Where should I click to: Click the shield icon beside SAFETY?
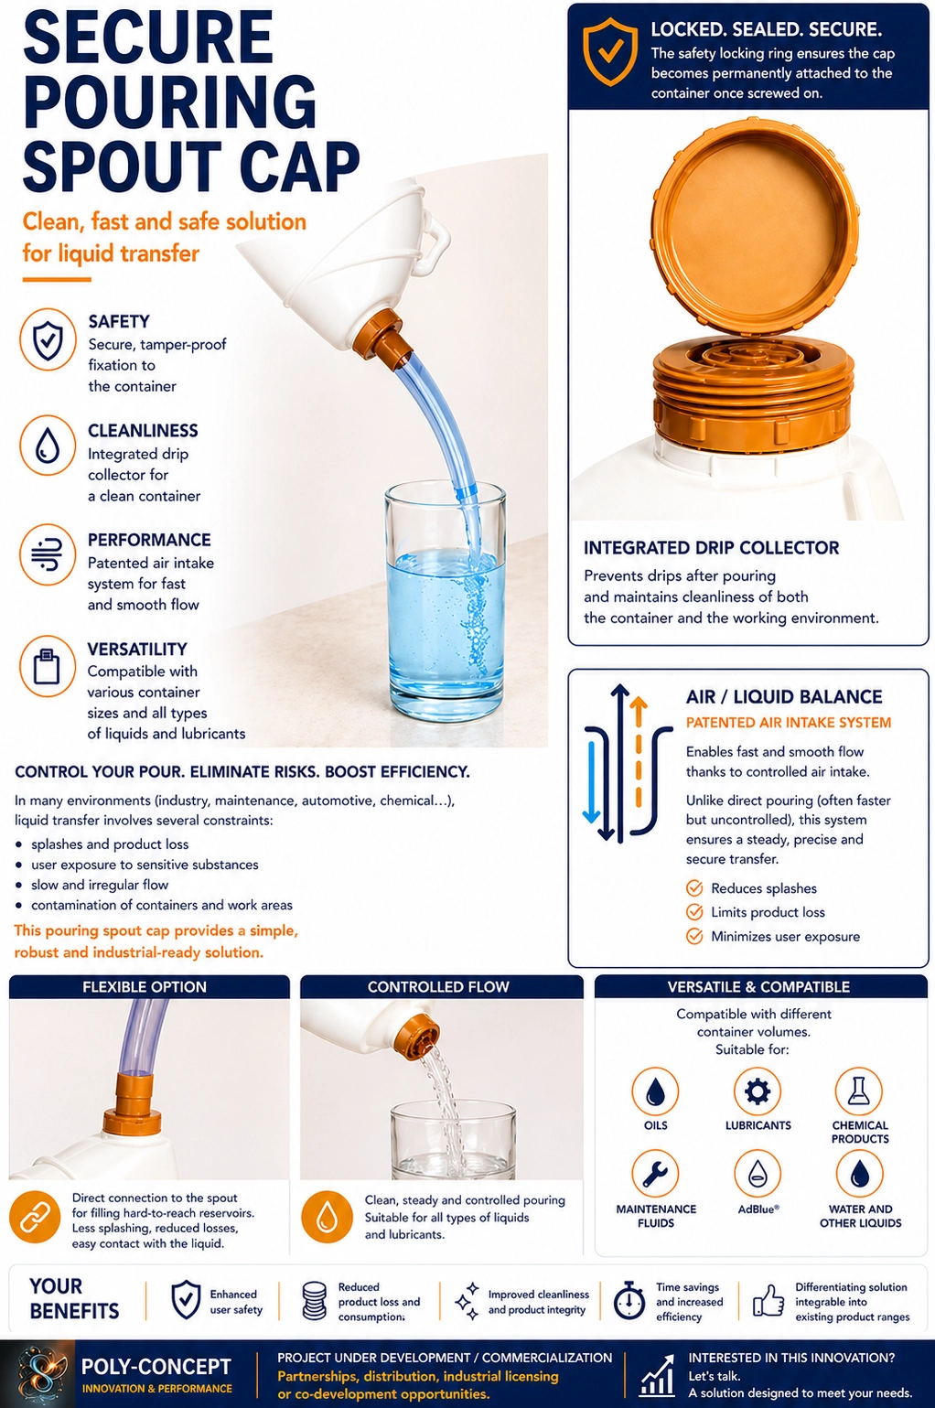click(48, 339)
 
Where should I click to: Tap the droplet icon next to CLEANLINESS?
click(48, 446)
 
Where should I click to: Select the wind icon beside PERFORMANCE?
click(48, 555)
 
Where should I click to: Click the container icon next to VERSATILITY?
click(48, 666)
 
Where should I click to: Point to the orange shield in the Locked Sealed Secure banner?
click(609, 52)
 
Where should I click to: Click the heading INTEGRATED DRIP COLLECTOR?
click(711, 548)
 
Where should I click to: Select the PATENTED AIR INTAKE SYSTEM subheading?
click(788, 722)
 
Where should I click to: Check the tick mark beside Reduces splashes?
click(694, 888)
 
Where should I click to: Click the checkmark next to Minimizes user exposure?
click(694, 936)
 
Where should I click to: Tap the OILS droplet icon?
click(655, 1091)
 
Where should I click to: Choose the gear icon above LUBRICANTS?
click(758, 1091)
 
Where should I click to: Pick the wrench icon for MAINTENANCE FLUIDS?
click(655, 1174)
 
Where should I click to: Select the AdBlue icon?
click(758, 1174)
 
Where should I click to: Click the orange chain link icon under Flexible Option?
click(34, 1219)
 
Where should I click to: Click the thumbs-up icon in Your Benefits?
click(768, 1301)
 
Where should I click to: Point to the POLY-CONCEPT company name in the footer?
click(156, 1367)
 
